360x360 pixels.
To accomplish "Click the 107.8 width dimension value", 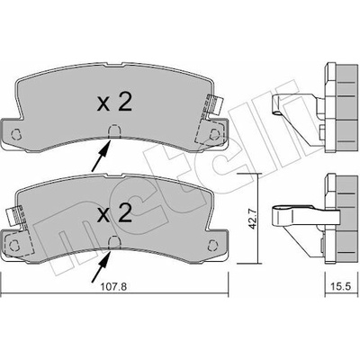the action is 113,286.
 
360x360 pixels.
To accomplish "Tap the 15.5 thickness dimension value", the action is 341,286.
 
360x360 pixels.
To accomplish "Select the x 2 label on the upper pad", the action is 114,103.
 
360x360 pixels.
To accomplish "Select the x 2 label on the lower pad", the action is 114,214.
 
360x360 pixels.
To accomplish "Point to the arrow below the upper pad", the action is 101,156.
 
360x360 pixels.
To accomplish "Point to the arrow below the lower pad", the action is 101,266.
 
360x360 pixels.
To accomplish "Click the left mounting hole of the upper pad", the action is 15,134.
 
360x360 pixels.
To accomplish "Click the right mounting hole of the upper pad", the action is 214,134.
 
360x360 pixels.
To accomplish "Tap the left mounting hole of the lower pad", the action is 13,246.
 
